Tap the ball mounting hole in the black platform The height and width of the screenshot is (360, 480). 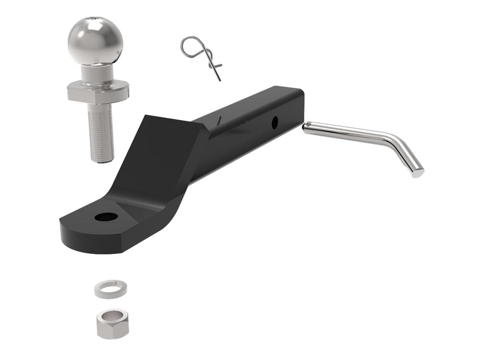coord(106,217)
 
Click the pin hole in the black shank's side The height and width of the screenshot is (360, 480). coord(275,122)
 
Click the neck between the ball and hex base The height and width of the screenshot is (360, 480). coord(97,73)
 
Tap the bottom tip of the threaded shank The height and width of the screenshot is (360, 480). coord(102,160)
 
